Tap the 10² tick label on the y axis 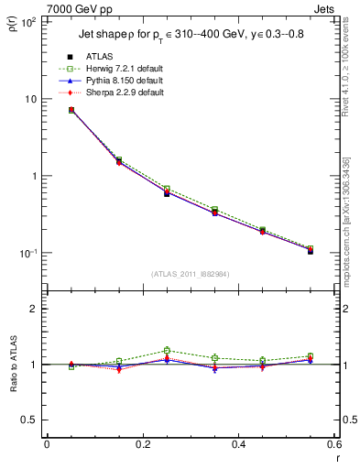coord(26,22)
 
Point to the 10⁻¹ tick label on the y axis coord(26,253)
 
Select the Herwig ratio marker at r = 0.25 coord(167,350)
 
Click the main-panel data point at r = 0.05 coord(71,110)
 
